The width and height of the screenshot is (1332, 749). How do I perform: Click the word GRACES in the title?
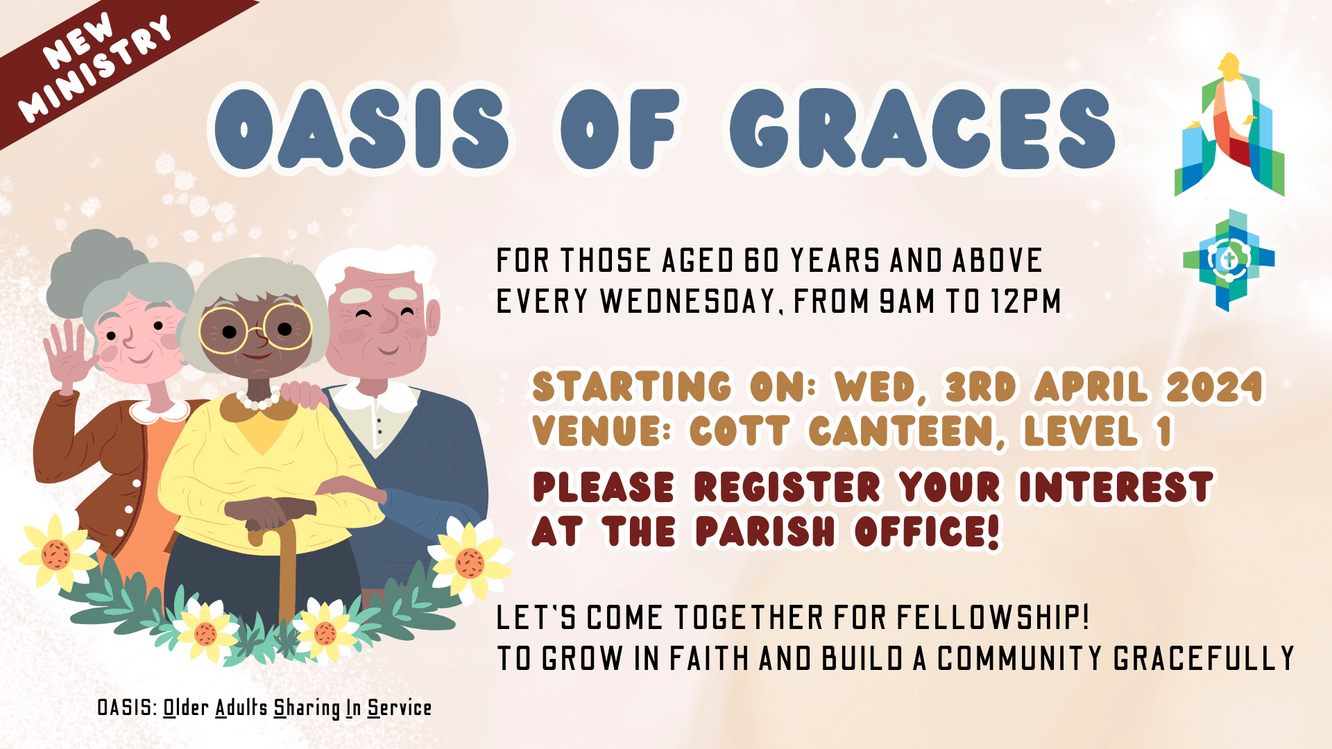pos(923,129)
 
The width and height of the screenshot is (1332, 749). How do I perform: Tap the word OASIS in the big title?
pos(361,129)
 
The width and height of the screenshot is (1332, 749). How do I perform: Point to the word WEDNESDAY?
pos(688,302)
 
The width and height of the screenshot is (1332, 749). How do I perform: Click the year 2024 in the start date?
pos(1215,387)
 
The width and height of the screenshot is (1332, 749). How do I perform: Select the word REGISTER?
pos(787,487)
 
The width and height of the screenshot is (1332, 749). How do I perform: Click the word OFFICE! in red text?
pos(927,532)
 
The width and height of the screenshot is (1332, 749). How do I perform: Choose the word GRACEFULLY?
pos(1204,659)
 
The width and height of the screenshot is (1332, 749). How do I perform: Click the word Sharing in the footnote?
pos(307,708)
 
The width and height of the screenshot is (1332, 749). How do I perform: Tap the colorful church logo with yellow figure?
pos(1229,125)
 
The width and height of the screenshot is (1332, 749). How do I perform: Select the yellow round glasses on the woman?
pos(255,327)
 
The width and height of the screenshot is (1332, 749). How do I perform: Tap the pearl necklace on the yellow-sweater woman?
pos(259,400)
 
